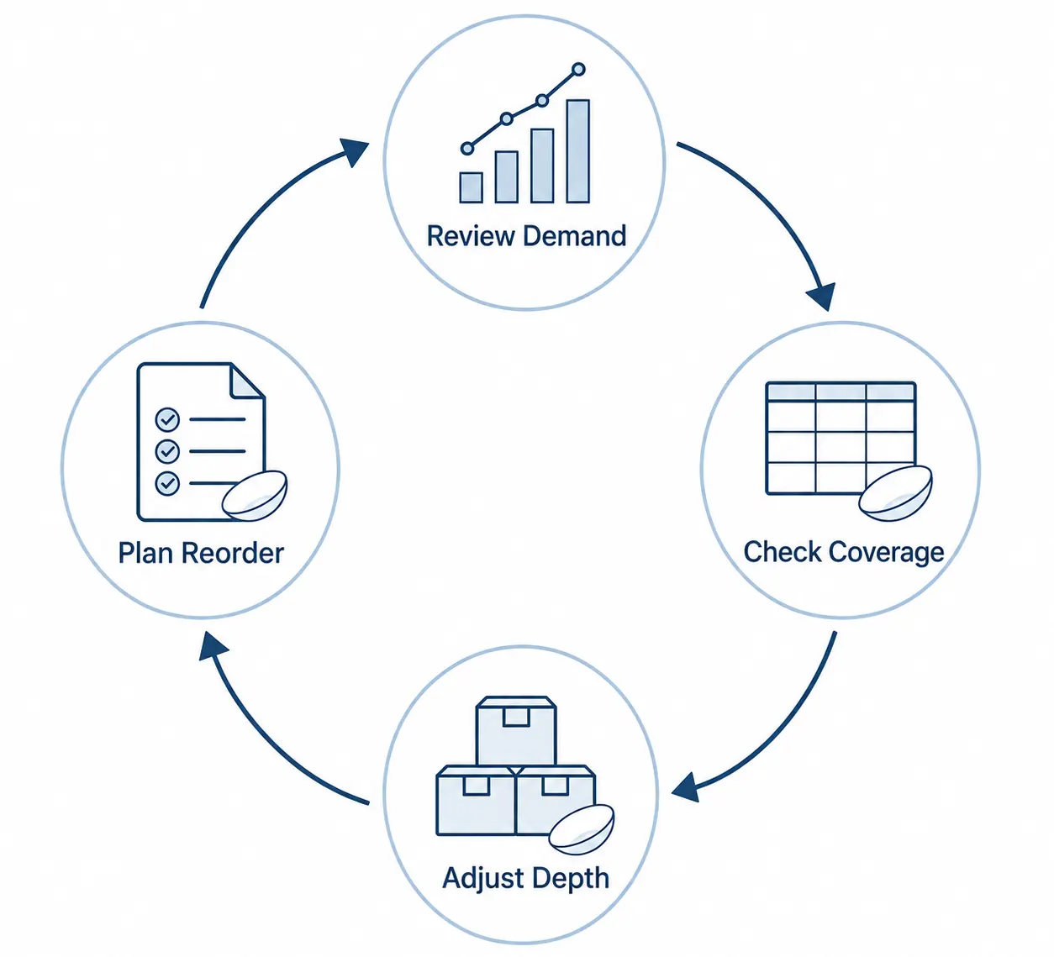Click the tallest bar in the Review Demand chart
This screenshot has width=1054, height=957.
(x=577, y=150)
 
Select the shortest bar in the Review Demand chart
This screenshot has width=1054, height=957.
(x=471, y=187)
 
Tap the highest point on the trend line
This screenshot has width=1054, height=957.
(x=578, y=70)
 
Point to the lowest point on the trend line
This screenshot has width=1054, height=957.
(x=467, y=149)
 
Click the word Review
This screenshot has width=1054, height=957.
(x=470, y=236)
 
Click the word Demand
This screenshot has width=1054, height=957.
(x=575, y=236)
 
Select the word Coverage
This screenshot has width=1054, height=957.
(x=887, y=553)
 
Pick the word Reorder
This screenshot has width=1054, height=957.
(x=234, y=553)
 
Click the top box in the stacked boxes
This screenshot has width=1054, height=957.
(x=516, y=732)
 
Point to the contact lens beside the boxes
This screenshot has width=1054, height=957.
(x=581, y=829)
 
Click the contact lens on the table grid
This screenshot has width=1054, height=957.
(x=895, y=493)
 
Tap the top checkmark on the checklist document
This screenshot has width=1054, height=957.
(x=167, y=419)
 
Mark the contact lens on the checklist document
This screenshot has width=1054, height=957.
(x=255, y=496)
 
